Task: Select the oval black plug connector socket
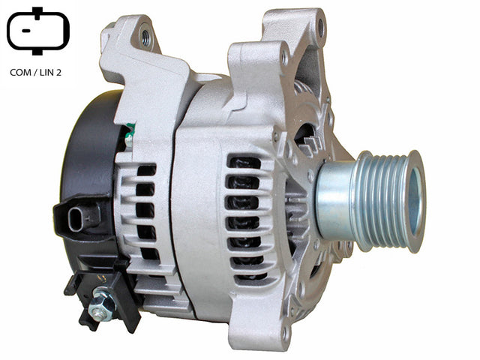(76, 220)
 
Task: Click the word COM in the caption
(21, 73)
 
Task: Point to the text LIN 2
(50, 73)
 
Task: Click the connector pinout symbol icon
(38, 31)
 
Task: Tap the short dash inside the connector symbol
(25, 31)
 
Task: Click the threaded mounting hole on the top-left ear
(145, 36)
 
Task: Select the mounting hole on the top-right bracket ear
(320, 27)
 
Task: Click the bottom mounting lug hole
(285, 333)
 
